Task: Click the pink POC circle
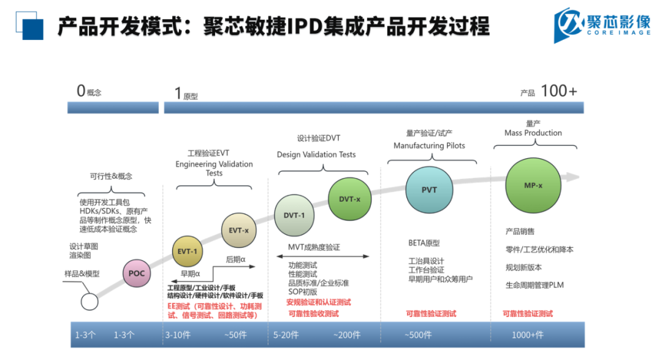(137, 273)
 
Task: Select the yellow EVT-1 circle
(187, 251)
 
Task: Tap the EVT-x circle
(238, 230)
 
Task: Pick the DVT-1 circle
(294, 215)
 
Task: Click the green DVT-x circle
(349, 199)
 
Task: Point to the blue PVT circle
(429, 190)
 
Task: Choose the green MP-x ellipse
(533, 185)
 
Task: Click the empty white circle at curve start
(89, 302)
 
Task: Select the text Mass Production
(533, 133)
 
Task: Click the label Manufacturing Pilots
(429, 146)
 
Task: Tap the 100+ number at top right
(558, 91)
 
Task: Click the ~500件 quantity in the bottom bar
(418, 335)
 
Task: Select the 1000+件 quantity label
(527, 335)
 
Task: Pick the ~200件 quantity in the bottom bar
(348, 335)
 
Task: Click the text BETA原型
(424, 243)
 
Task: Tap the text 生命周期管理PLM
(534, 285)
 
